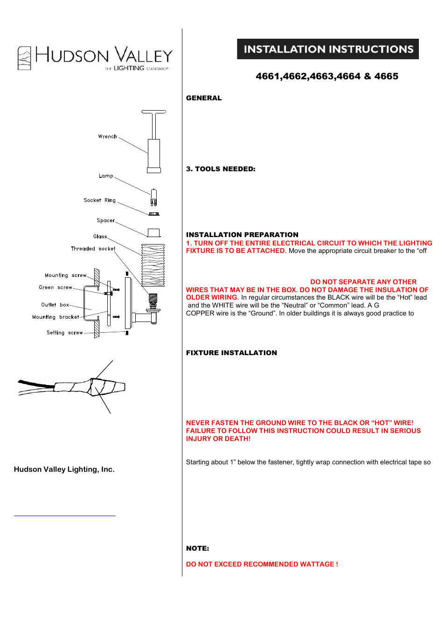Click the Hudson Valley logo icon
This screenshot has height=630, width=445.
pos(24,58)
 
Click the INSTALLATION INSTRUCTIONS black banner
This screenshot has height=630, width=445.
pos(327,49)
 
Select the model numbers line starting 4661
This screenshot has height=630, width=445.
pos(327,76)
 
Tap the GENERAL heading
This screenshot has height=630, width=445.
pos(204,98)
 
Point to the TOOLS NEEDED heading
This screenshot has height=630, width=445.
pos(221,169)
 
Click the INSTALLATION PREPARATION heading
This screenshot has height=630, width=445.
pos(242,235)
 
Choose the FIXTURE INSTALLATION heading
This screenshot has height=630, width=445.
pos(231,353)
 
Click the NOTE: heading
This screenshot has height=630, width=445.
pos(197,548)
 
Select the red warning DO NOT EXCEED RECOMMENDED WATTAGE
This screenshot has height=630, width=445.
pos(262,564)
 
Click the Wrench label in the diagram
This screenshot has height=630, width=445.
pos(107,137)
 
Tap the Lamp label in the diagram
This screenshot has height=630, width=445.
pos(106,176)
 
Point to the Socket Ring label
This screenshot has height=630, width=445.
pos(99,200)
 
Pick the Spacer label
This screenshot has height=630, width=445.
pos(105,220)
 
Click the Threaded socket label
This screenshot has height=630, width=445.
pos(93,249)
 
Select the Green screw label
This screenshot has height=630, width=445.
pos(56,287)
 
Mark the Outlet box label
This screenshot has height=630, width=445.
pos(55,305)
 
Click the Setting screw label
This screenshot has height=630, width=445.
pos(64,333)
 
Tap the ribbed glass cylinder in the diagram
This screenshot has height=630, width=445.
pos(153,265)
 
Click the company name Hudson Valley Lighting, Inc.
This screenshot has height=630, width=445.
pos(64,469)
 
